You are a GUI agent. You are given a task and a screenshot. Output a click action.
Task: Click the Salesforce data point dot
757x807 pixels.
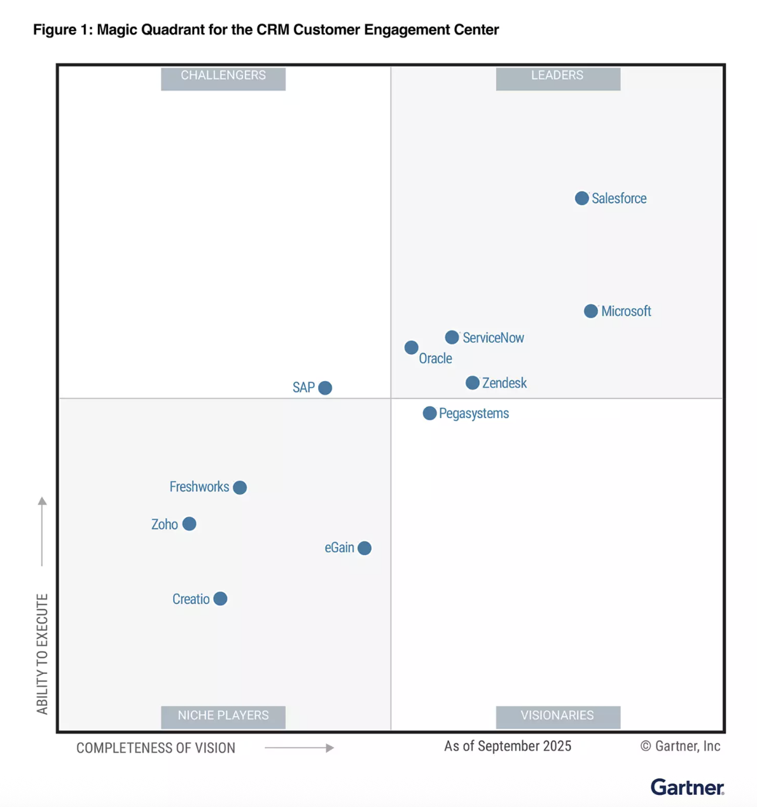click(x=581, y=199)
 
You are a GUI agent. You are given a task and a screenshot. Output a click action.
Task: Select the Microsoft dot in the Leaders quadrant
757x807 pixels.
click(x=591, y=311)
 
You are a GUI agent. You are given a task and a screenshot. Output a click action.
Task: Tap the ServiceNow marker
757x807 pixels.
click(x=452, y=337)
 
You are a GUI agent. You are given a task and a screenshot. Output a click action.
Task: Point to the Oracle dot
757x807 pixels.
click(x=412, y=347)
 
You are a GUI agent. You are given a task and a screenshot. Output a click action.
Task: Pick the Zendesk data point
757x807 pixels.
click(x=472, y=382)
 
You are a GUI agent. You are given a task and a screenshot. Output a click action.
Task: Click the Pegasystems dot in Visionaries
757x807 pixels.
click(x=429, y=414)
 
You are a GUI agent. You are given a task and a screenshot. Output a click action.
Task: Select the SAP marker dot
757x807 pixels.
click(x=325, y=388)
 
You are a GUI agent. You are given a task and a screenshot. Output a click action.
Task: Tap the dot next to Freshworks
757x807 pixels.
click(x=240, y=488)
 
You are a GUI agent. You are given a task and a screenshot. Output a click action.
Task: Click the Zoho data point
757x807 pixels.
click(x=189, y=524)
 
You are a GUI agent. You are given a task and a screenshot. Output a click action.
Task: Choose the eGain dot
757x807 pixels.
click(x=365, y=548)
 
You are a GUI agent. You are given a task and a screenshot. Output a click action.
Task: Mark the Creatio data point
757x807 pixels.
click(x=220, y=599)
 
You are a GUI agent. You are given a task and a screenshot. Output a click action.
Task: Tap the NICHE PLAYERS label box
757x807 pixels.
click(x=223, y=716)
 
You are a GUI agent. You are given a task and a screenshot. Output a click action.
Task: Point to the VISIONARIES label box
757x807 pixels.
click(x=558, y=716)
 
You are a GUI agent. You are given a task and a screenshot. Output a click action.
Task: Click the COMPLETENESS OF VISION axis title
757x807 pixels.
click(x=156, y=748)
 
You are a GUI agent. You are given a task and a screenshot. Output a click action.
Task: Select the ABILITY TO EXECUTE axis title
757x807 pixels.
click(x=42, y=654)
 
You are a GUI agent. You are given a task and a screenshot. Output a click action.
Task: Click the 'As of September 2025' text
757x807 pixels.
click(x=508, y=747)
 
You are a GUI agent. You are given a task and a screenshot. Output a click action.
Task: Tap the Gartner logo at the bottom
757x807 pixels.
click(x=687, y=787)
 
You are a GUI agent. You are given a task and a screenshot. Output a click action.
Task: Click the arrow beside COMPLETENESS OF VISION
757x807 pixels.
click(x=300, y=748)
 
